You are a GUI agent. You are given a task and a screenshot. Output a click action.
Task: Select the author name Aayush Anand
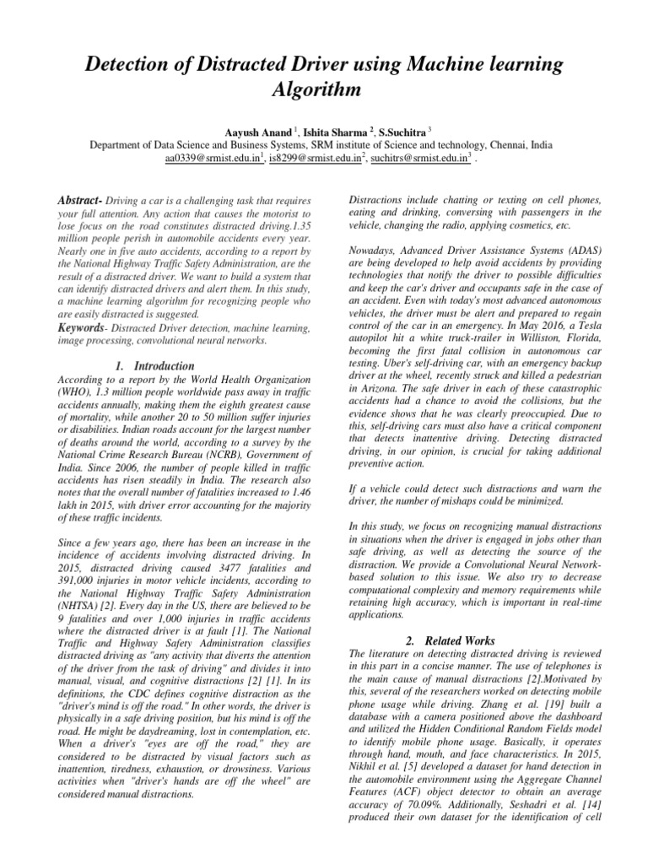tap(252, 132)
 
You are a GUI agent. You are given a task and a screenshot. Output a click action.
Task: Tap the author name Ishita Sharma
tap(336, 132)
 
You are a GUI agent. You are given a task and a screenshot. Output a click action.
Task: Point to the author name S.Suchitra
tap(404, 132)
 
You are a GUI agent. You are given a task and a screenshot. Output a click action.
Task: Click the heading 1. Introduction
tap(154, 366)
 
